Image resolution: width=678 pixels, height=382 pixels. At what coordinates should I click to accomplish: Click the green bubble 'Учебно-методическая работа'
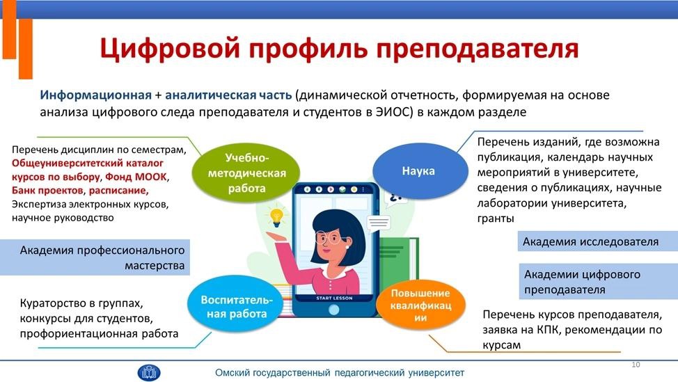click(246, 173)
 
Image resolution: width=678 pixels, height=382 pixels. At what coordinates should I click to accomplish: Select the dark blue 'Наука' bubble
click(420, 171)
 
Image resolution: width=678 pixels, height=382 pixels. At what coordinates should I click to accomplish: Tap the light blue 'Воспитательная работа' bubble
click(236, 305)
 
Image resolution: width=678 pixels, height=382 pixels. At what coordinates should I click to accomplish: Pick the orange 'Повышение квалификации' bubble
click(420, 305)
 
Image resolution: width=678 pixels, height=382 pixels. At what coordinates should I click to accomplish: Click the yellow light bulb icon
click(276, 217)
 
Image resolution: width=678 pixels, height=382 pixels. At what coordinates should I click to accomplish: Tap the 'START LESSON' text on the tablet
click(334, 299)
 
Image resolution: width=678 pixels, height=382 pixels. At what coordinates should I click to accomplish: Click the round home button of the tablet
click(334, 310)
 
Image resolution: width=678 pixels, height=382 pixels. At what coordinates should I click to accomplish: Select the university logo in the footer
click(149, 372)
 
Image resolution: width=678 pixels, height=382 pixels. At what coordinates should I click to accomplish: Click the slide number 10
click(636, 365)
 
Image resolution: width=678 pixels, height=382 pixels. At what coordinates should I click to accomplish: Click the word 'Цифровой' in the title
click(170, 48)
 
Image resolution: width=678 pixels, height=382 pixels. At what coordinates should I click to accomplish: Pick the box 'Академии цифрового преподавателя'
click(599, 281)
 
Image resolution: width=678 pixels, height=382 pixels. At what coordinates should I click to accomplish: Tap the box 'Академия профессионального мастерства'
click(95, 257)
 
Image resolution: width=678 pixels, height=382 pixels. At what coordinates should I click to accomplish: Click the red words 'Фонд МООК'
click(136, 177)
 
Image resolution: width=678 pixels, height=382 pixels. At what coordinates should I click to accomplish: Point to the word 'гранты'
click(496, 218)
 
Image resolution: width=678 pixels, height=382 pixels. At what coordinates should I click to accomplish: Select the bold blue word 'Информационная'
click(95, 95)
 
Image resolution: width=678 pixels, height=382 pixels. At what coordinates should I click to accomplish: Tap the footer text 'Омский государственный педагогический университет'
click(340, 372)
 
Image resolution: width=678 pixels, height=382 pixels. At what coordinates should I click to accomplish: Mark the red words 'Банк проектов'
click(47, 190)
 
